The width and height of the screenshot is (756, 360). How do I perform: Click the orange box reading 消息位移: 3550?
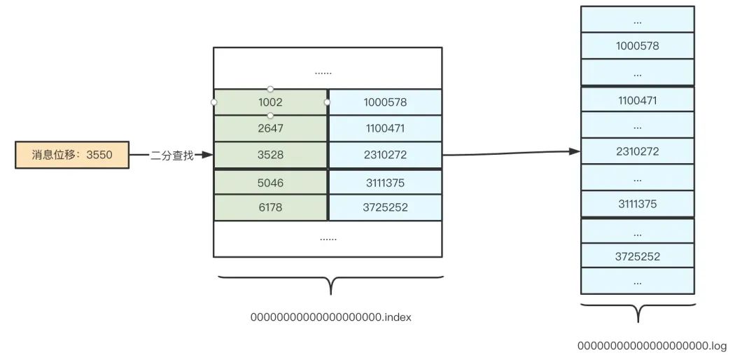pos(72,155)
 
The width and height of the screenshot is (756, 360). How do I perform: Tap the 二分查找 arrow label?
pos(171,155)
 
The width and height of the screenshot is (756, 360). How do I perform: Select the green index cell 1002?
pos(270,102)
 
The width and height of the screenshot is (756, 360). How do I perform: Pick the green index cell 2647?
pos(270,129)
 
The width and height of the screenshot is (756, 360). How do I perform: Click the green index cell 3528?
pos(270,155)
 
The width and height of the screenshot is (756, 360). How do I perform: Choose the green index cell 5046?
pos(270,182)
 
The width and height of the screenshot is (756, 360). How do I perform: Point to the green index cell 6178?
pos(270,207)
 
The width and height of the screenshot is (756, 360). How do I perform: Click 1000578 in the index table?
pos(385,102)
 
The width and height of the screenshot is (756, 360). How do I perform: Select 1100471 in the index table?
pos(385,129)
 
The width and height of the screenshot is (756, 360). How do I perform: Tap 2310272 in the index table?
pos(385,155)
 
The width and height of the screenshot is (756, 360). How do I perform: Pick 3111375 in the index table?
pos(385,182)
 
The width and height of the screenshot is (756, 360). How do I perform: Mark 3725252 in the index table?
pos(385,207)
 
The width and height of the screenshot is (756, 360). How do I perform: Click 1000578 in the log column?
pos(637,46)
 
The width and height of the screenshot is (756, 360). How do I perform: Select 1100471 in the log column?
pos(637,101)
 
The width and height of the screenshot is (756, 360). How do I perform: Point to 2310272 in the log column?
pos(637,151)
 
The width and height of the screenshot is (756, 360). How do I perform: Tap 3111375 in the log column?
pos(637,204)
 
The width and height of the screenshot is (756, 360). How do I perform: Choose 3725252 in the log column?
pos(637,256)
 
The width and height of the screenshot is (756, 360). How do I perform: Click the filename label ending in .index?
pos(331,317)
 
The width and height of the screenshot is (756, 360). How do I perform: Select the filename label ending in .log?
pos(652,346)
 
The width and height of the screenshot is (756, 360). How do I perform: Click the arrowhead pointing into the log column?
pos(575,151)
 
